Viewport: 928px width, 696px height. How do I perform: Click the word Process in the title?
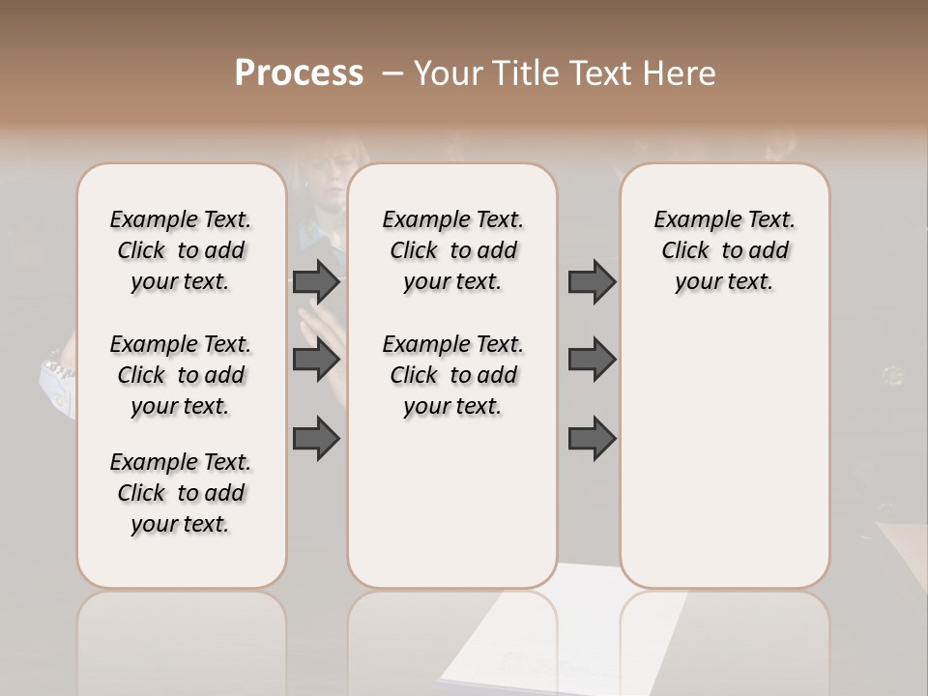coord(299,73)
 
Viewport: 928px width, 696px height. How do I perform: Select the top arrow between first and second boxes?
coord(316,282)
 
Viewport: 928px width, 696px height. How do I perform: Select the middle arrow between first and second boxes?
coord(316,360)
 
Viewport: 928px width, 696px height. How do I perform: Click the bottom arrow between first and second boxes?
coord(316,438)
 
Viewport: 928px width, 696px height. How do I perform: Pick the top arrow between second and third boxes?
coord(592,282)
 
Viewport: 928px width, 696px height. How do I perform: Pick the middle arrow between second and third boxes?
coord(592,360)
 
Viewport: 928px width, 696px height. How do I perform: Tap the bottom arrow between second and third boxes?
coord(592,438)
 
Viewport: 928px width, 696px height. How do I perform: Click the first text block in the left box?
coord(181,250)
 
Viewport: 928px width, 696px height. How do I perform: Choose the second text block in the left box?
coord(181,375)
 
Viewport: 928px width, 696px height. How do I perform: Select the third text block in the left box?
coord(181,493)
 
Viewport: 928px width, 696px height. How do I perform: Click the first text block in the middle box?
coord(453,250)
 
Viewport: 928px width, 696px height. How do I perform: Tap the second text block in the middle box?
coord(453,375)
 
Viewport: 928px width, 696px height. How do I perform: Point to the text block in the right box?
coord(725,250)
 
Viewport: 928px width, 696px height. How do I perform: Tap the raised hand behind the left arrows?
coord(329,333)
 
